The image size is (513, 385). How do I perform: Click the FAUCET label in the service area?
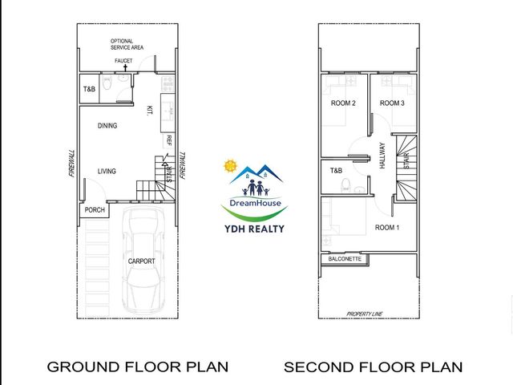(123, 61)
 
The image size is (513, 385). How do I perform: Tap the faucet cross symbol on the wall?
(125, 67)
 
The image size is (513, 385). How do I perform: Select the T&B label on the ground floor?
(89, 89)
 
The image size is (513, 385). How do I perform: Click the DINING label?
(107, 126)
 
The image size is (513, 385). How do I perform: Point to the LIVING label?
(107, 171)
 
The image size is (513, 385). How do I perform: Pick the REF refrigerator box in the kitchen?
(168, 141)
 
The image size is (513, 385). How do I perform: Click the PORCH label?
(95, 210)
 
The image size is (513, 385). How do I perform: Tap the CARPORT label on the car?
(141, 261)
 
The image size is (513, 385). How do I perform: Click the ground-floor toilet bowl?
(107, 83)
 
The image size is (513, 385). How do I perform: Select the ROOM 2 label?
(343, 103)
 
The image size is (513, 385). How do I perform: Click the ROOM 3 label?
(392, 103)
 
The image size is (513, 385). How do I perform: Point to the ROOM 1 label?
(387, 228)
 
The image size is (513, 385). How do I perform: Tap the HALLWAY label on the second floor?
(382, 156)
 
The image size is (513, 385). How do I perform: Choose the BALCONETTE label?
(345, 259)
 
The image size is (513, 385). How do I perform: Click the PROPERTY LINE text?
(365, 314)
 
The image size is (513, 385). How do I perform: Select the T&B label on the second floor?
(336, 171)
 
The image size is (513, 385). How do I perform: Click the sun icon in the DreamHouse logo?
(230, 166)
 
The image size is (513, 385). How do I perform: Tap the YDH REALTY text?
(254, 229)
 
